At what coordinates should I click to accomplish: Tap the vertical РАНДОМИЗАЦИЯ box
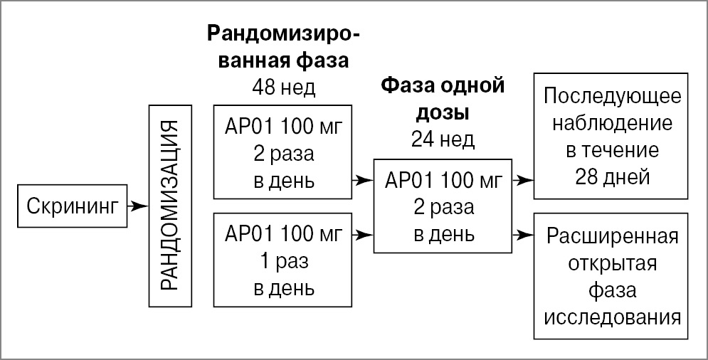(x=171, y=206)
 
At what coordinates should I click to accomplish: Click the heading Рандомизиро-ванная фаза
(x=283, y=46)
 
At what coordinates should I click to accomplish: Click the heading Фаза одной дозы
(x=443, y=100)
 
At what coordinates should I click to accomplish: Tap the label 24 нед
(x=443, y=140)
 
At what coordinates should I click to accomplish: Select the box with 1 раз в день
(x=283, y=263)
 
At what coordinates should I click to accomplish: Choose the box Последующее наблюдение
(x=612, y=135)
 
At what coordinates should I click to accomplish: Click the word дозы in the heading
(x=443, y=113)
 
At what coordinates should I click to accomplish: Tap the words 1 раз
(x=283, y=263)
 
